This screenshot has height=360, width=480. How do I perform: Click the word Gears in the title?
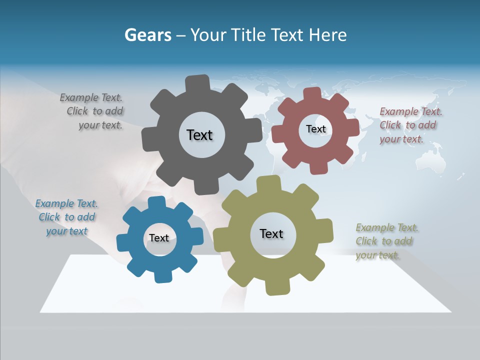coord(147,35)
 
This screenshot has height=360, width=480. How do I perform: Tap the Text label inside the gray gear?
coord(199,135)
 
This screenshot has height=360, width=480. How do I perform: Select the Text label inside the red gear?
coord(315,129)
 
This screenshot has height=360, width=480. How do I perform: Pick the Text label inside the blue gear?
coord(158,238)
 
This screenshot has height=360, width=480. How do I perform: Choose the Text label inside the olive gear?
coord(271,233)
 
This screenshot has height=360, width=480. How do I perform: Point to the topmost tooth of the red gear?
coord(312,94)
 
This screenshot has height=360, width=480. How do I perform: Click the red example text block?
coord(410,125)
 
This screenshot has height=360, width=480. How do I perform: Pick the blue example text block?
coord(66,217)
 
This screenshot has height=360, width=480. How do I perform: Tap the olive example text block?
coord(386,241)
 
